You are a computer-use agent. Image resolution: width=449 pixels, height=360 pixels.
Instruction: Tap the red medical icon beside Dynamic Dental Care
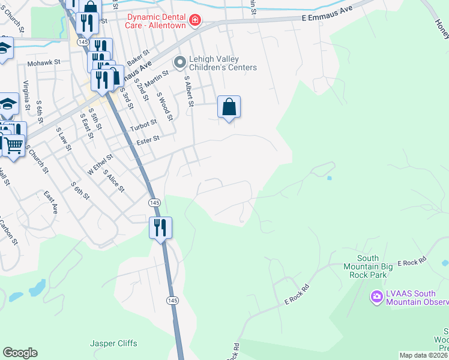pyautogui.click(x=194, y=22)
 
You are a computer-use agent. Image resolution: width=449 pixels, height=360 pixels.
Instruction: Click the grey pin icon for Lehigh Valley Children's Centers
pyautogui.click(x=179, y=62)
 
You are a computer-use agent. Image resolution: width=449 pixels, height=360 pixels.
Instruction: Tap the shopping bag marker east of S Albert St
pyautogui.click(x=229, y=107)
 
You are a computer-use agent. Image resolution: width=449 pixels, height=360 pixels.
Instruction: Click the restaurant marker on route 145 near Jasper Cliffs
pyautogui.click(x=160, y=228)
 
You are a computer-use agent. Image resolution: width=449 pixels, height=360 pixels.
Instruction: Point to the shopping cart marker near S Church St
pyautogui.click(x=13, y=144)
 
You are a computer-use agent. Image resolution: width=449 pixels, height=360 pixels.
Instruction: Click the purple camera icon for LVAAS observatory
pyautogui.click(x=376, y=296)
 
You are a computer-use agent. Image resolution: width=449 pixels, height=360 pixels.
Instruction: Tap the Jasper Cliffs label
pyautogui.click(x=113, y=344)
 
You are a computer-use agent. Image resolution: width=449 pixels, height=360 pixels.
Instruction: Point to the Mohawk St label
pyautogui.click(x=44, y=62)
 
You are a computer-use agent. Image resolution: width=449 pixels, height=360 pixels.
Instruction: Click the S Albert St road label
pyautogui.click(x=188, y=91)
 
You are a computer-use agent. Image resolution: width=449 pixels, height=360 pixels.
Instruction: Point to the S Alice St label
pyautogui.click(x=113, y=181)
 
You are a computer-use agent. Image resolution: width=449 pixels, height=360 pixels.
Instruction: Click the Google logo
pyautogui.click(x=20, y=353)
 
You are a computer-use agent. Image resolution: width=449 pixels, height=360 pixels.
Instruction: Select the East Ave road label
pyautogui.click(x=50, y=202)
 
